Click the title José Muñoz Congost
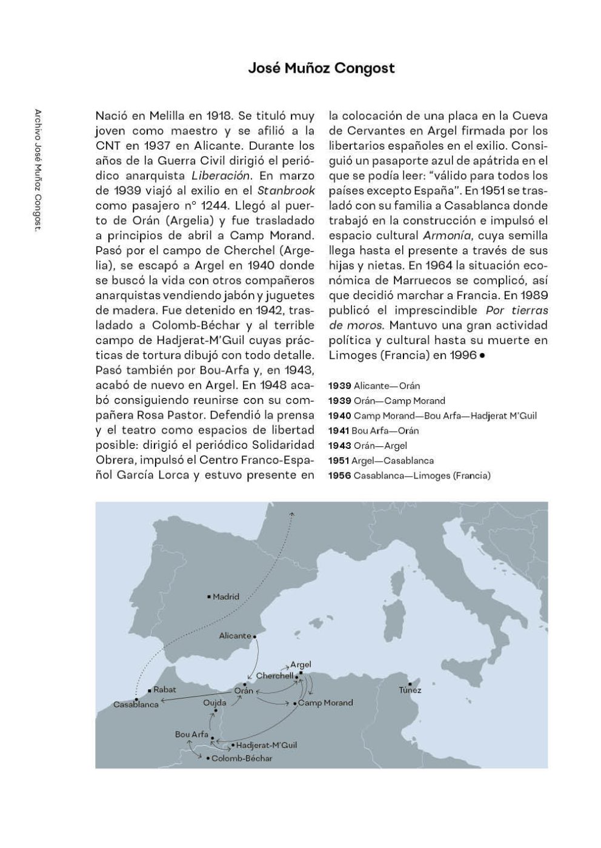[321, 68]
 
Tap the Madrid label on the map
[225, 597]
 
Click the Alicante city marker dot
[255, 637]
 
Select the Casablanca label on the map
[136, 704]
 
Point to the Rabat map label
[164, 689]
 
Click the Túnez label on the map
[410, 690]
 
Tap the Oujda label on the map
[215, 703]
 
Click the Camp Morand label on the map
[325, 703]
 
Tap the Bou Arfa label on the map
[191, 734]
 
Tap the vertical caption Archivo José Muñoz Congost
[38, 171]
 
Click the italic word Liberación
[221, 176]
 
